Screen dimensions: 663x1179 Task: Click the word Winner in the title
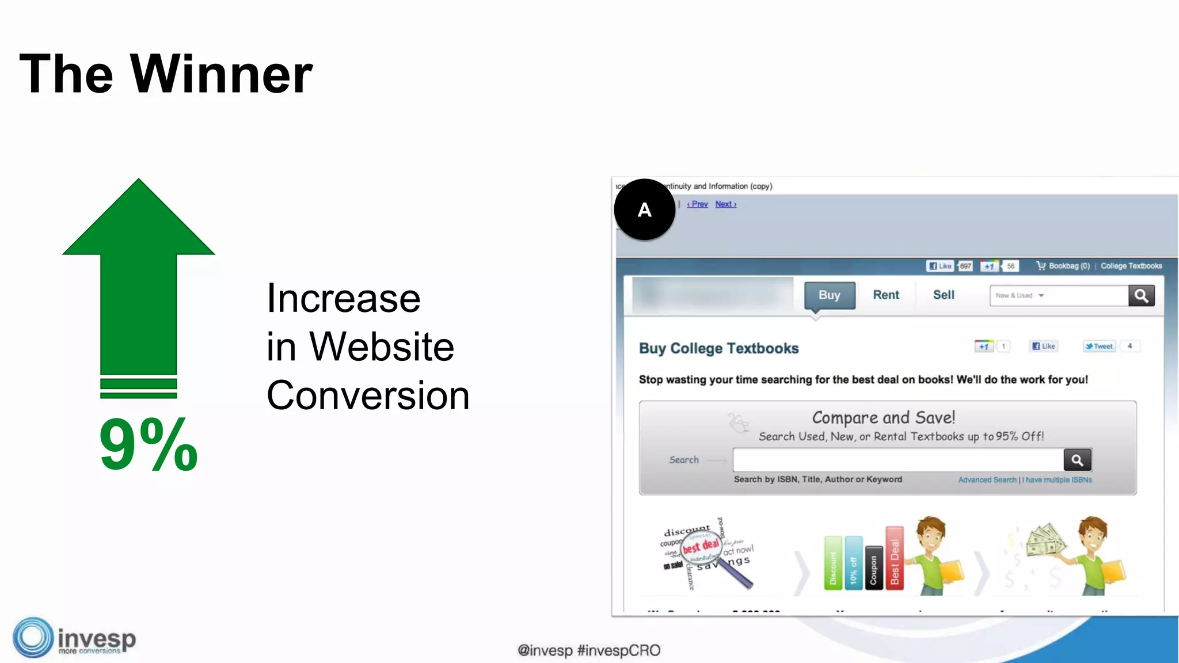222,74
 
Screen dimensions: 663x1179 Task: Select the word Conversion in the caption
368,395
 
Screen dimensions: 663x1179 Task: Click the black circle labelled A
644,209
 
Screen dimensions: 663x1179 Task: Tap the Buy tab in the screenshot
829,295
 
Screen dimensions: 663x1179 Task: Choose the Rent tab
885,295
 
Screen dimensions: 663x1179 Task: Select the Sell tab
944,295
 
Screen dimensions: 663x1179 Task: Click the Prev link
698,204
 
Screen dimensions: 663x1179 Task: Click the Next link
725,204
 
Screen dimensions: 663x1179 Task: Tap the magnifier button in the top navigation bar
1141,296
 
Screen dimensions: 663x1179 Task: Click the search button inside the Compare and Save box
1077,460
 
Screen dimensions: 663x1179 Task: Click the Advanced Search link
987,480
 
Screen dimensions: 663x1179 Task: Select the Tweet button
1100,346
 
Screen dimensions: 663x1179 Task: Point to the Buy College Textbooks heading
718,349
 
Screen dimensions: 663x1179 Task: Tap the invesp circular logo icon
33,638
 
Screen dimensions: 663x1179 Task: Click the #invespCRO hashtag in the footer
618,650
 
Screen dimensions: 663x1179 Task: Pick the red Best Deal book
894,559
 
